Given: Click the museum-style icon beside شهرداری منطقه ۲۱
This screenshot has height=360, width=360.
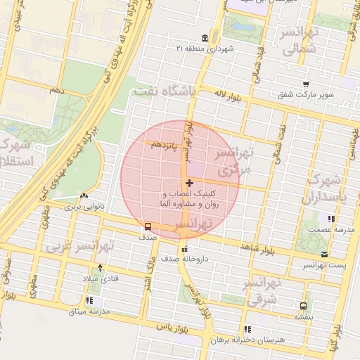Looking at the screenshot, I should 204,37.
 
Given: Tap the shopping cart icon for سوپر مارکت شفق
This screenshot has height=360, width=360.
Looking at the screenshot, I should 306,84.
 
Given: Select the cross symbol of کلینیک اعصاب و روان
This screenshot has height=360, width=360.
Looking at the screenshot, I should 189,183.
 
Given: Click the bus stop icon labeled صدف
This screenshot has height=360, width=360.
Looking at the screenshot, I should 148,226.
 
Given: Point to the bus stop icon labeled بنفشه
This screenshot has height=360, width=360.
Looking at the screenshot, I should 303,306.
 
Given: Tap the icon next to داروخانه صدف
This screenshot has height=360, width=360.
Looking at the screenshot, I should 185,250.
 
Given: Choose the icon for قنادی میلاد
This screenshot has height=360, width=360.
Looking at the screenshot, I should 100,268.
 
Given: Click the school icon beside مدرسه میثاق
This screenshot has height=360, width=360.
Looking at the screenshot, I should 89,300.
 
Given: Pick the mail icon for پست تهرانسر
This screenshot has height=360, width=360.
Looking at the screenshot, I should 324,254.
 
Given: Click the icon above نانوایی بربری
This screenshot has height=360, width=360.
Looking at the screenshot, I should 84,196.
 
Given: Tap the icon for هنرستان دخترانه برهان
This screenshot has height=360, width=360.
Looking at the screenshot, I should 246,328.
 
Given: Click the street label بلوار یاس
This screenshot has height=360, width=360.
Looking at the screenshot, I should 171,328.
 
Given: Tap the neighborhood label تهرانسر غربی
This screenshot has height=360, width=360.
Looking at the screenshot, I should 71,247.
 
